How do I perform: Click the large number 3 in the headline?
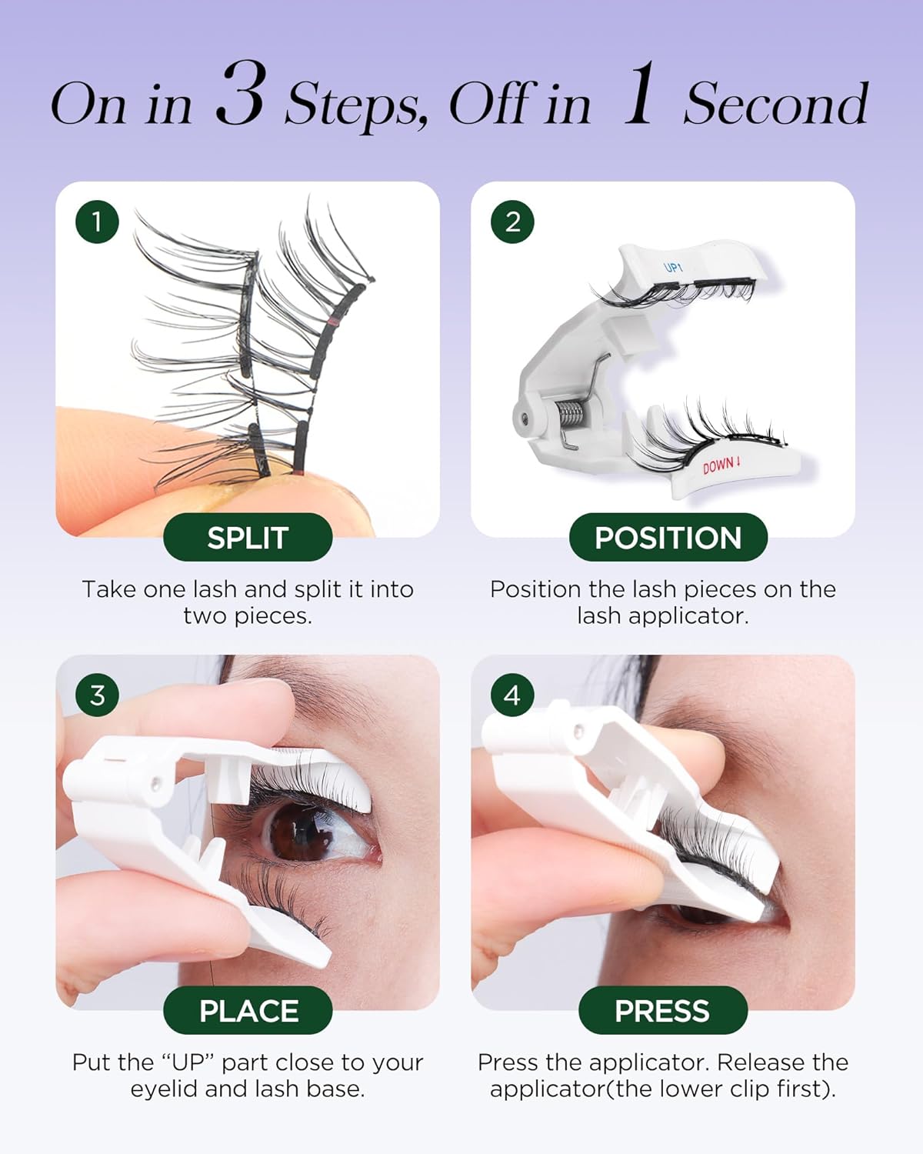[x=241, y=95]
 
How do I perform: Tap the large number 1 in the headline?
[x=638, y=95]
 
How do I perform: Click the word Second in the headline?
[x=775, y=104]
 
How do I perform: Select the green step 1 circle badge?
[x=97, y=222]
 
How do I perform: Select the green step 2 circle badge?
[x=512, y=222]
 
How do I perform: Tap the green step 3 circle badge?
[x=97, y=695]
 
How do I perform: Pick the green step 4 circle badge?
[x=512, y=695]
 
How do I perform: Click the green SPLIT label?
[x=248, y=538]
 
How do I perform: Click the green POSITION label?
[x=668, y=538]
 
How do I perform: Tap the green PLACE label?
[x=248, y=1011]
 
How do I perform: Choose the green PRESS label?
[x=662, y=1011]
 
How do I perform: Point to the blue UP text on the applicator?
[x=673, y=267]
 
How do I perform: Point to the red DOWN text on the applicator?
[x=721, y=465]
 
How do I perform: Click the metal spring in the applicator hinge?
[x=570, y=416]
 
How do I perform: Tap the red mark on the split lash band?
[x=333, y=320]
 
